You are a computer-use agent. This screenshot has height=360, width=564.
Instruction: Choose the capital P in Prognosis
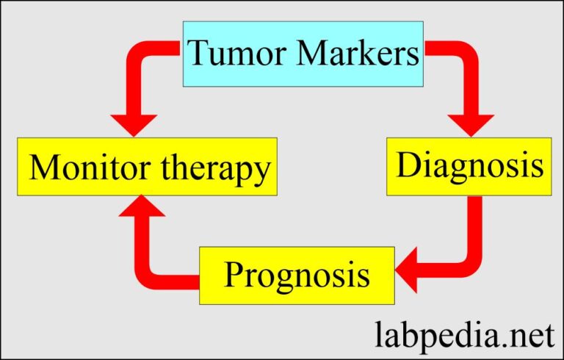236,275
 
